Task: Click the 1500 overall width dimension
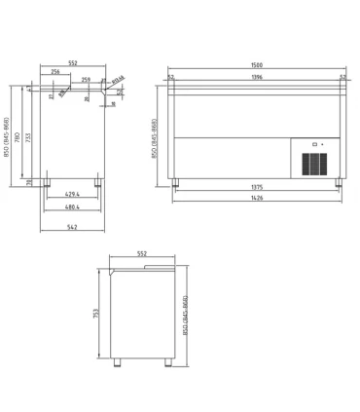coord(257,66)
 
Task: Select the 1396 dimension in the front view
coord(257,77)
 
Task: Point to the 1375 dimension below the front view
coord(257,187)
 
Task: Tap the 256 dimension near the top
coord(55,72)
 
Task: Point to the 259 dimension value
coord(86,80)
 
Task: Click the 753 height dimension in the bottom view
coord(95,314)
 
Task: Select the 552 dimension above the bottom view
coord(142,253)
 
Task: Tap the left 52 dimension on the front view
coord(170,77)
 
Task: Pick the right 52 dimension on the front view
coord(342,77)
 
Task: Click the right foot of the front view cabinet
coord(338,181)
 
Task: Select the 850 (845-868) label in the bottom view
coord(186,315)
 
